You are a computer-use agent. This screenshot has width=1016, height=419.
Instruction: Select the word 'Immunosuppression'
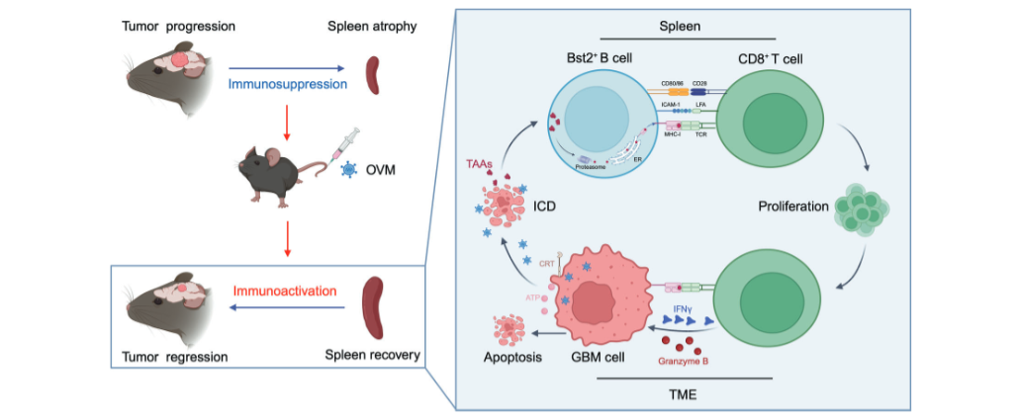tap(288, 85)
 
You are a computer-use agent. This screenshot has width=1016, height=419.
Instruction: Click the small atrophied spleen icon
tap(373, 75)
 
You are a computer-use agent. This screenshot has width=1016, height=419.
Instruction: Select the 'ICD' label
tap(543, 209)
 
